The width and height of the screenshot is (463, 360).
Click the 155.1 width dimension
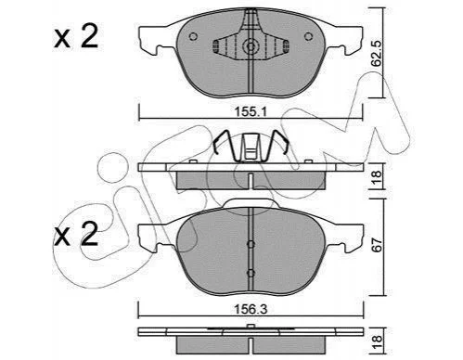[251, 111]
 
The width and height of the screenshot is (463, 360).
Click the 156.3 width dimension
[251, 309]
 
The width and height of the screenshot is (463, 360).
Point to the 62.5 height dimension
[378, 55]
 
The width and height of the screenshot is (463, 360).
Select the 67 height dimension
[378, 245]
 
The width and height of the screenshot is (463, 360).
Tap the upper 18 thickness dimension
[378, 177]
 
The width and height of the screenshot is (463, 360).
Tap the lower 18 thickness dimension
[378, 342]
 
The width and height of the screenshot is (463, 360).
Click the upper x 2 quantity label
[76, 36]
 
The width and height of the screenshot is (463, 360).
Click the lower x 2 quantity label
[76, 234]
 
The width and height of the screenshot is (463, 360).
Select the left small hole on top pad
[193, 36]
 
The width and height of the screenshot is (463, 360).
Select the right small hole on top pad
[308, 36]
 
